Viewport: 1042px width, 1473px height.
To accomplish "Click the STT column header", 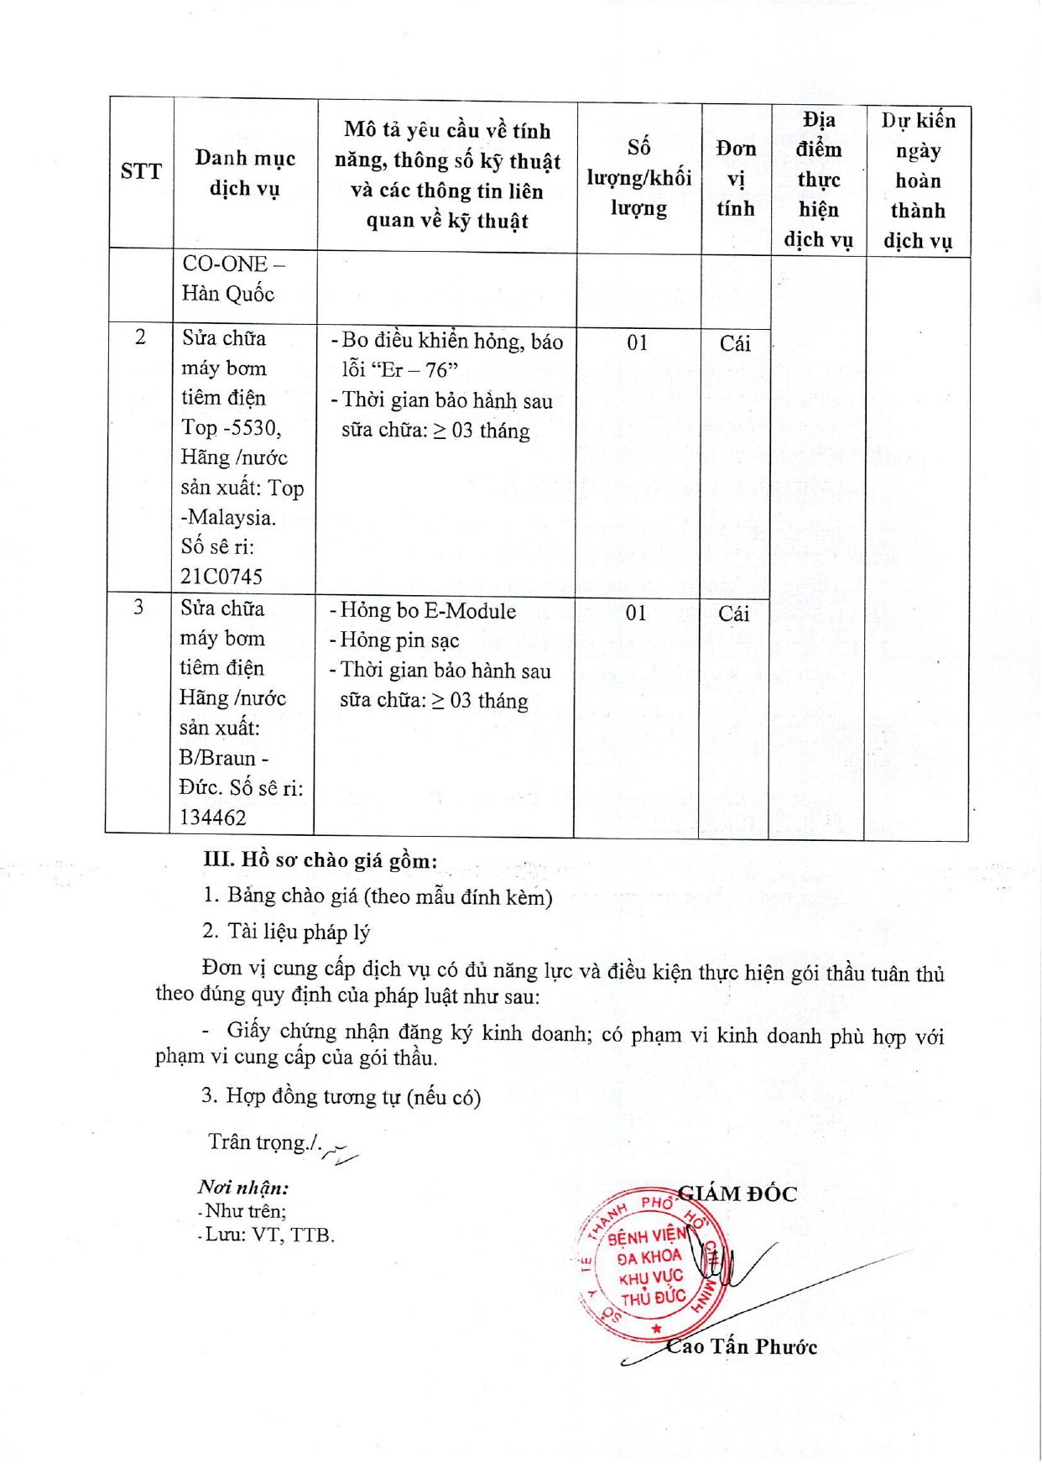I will click(141, 172).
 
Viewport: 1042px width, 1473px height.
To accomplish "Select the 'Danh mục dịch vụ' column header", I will click(244, 173).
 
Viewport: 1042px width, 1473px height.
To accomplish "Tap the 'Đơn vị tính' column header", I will click(736, 178).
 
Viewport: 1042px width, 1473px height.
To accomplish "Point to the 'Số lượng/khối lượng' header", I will click(638, 178).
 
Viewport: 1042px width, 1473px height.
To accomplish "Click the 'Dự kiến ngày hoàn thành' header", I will click(918, 180).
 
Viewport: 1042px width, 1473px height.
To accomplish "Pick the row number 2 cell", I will click(140, 337).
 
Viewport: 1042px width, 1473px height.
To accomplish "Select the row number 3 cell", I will click(138, 607).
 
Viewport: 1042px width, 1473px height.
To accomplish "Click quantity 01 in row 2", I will click(638, 342).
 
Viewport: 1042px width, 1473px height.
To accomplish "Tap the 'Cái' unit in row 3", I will click(733, 614).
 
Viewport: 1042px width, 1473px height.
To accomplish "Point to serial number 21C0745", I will click(221, 577).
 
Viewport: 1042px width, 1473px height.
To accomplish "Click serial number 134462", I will click(213, 817).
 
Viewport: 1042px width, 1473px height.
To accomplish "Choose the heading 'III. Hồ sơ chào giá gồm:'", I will click(320, 860).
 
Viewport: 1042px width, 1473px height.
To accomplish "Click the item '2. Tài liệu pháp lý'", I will click(286, 932).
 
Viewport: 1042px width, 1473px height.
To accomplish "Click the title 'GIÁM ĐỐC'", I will click(737, 1194).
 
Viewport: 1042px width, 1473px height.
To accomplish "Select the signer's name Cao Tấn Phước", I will click(742, 1346).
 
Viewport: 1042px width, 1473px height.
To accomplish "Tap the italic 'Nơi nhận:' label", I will click(243, 1188).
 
